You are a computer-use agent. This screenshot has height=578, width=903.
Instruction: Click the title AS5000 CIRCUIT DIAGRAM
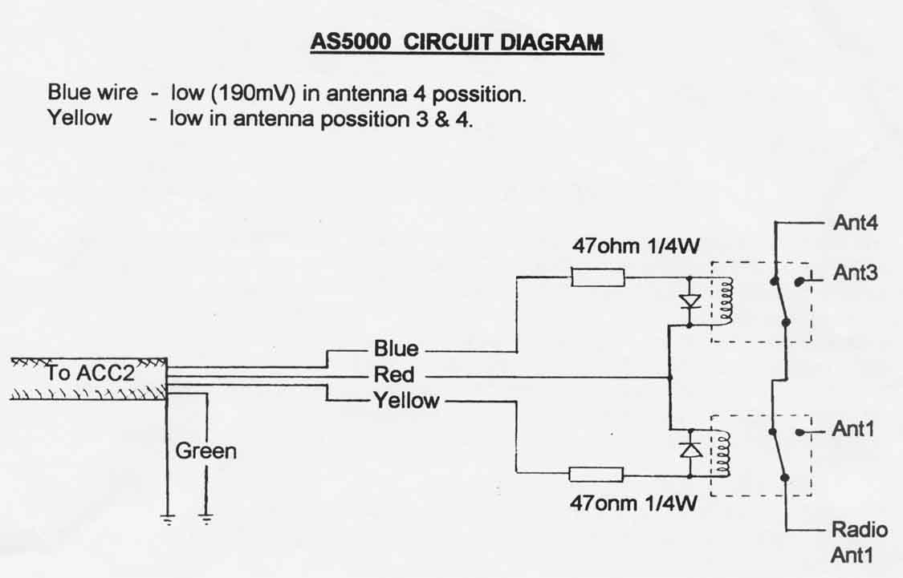[456, 42]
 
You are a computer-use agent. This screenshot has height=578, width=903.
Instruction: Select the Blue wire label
[396, 350]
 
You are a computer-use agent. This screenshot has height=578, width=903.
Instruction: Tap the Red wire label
[394, 375]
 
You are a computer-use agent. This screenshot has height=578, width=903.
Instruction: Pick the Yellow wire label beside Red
[407, 400]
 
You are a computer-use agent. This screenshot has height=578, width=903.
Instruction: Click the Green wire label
[206, 451]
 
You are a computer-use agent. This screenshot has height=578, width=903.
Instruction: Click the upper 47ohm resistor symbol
[598, 277]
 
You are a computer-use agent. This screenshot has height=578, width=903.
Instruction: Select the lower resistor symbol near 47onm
[596, 474]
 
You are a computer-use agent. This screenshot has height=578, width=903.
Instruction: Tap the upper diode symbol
[689, 301]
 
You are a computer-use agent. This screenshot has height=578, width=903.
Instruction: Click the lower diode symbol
[690, 450]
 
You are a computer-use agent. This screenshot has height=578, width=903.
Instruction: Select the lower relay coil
[725, 453]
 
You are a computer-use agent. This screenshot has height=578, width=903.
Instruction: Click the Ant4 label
[855, 223]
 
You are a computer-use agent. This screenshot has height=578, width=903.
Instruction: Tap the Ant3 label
[855, 273]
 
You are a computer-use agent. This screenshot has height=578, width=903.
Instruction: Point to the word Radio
[860, 530]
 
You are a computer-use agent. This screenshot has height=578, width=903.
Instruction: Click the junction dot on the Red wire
[669, 376]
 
